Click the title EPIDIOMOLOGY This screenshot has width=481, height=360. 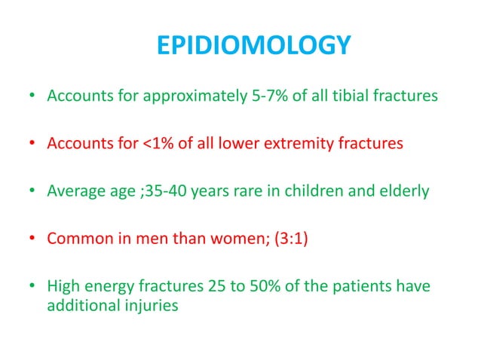(253, 47)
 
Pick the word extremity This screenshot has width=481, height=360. (312, 144)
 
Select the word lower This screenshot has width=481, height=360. (254, 144)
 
